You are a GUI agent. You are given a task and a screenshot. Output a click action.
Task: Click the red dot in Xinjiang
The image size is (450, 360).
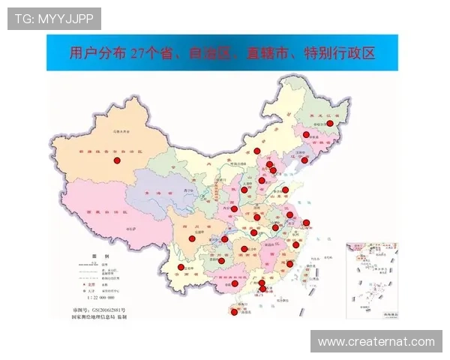(x=116, y=160)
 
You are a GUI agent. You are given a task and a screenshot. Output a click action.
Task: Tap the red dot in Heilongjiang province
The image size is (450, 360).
(x=329, y=124)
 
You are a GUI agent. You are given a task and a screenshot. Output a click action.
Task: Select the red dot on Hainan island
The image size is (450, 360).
(x=235, y=313)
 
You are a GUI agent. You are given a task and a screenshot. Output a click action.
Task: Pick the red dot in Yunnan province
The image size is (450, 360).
(x=181, y=267)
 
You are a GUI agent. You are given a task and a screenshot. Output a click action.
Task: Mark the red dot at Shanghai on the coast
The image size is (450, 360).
(x=306, y=223)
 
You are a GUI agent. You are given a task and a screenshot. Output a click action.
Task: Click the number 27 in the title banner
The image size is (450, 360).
(x=136, y=54)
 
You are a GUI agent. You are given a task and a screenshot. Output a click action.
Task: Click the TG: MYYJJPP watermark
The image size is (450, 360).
(x=54, y=17)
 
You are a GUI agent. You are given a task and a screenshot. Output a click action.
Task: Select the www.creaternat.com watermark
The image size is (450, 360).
(x=376, y=342)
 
